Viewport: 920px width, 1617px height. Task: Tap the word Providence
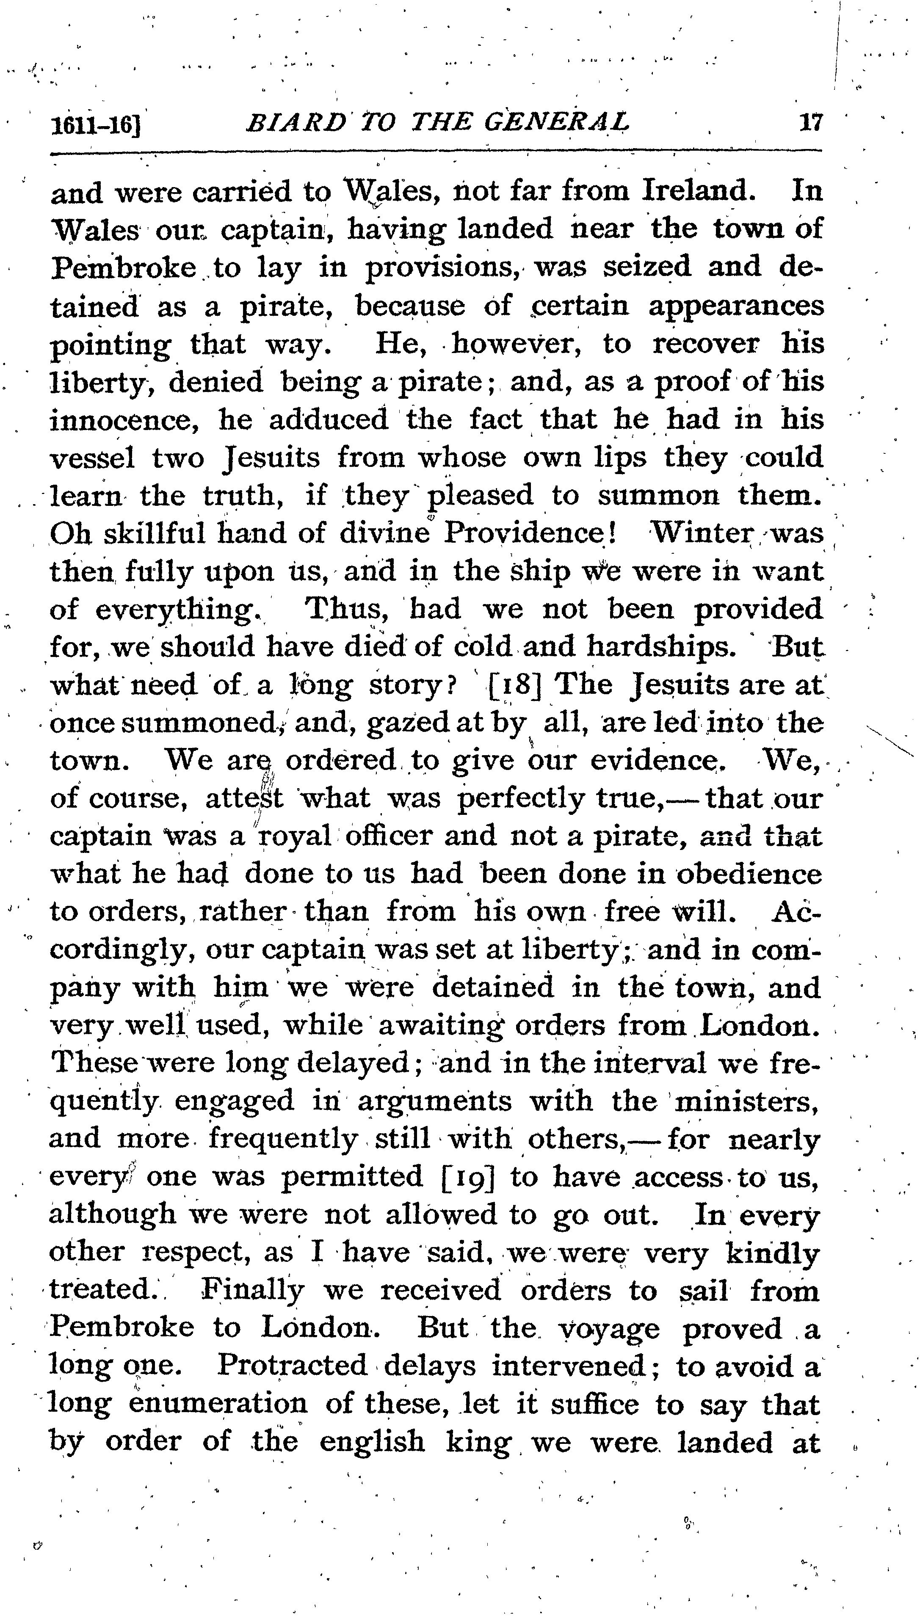pyautogui.click(x=530, y=533)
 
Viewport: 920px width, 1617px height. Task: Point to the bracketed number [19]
pyautogui.click(x=466, y=1177)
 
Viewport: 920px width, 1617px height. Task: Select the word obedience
pyautogui.click(x=749, y=874)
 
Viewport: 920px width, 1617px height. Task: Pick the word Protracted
pyautogui.click(x=292, y=1366)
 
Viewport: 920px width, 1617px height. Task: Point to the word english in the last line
pyautogui.click(x=372, y=1442)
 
